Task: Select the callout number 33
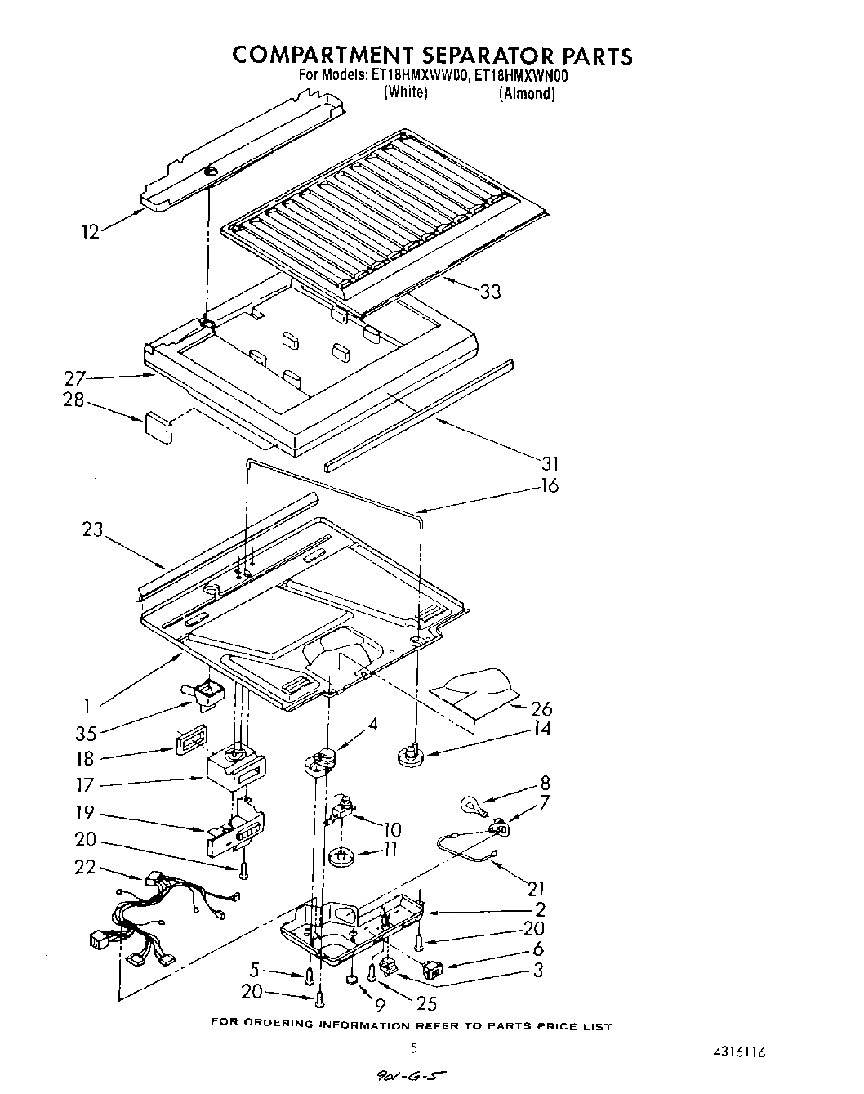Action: coord(490,292)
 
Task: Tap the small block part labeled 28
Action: coord(158,427)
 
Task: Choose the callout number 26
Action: coord(541,708)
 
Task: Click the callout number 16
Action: coord(549,485)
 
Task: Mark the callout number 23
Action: coord(92,529)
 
